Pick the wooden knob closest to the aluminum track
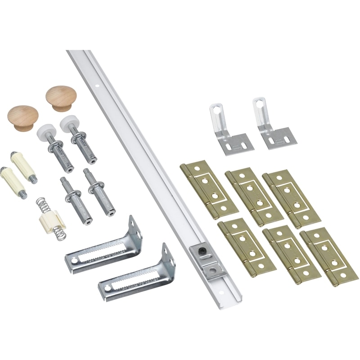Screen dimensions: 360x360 click(x=61, y=98)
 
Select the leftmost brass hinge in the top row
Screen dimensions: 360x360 click(x=208, y=189)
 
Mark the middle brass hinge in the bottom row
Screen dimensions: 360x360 click(x=291, y=254)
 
